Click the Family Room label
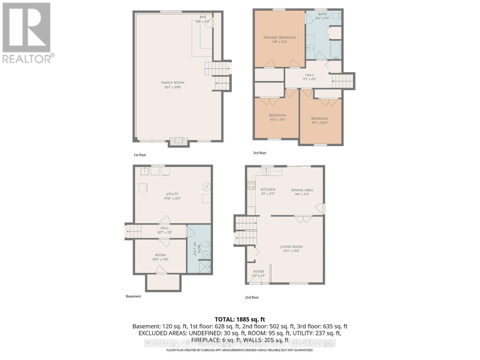[x=172, y=83]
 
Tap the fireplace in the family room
[x=178, y=141]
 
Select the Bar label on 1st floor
[x=203, y=17]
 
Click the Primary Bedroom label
[x=280, y=37]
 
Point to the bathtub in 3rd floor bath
[x=335, y=50]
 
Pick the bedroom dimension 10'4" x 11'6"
[x=277, y=119]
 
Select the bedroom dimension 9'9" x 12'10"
[x=319, y=123]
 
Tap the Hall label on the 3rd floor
[x=310, y=75]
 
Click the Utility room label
[x=172, y=194]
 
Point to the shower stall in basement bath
[x=205, y=266]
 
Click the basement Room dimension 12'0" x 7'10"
[x=160, y=259]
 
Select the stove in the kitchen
[x=251, y=185]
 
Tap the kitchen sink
[x=266, y=172]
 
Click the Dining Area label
[x=302, y=190]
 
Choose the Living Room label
[x=291, y=247]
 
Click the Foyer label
[x=258, y=271]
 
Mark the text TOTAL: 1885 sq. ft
[x=240, y=319]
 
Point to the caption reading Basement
[x=133, y=296]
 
